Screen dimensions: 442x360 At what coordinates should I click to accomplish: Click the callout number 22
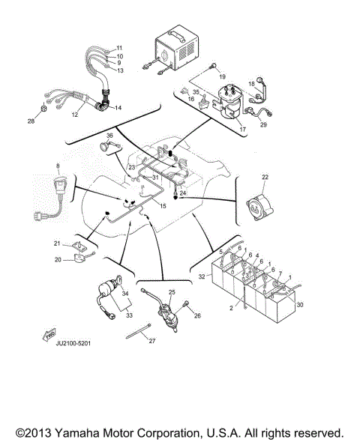point(265,177)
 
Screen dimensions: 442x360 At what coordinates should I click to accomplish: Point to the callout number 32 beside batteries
point(200,277)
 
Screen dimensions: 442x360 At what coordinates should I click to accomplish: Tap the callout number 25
point(171,293)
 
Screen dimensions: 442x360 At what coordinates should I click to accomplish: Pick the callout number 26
point(197,315)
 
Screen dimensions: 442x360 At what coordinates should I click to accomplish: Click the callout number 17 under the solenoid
point(242,129)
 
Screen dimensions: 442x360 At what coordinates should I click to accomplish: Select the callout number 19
point(222,77)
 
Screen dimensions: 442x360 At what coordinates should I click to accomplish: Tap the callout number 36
point(109,136)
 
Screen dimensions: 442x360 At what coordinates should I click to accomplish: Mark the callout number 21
point(55,243)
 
